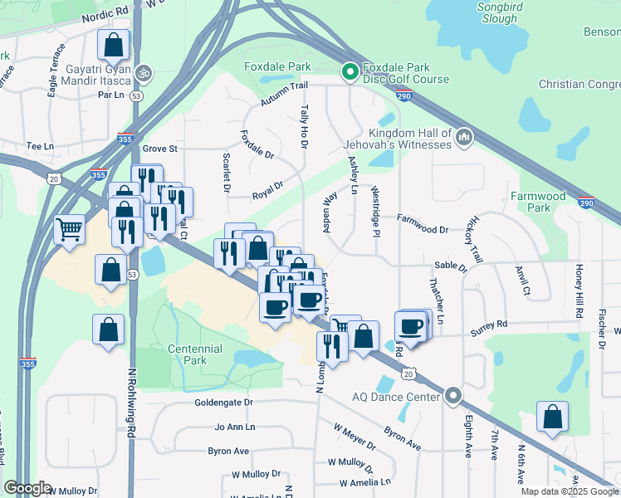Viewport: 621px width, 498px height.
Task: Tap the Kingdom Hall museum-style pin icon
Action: [464, 136]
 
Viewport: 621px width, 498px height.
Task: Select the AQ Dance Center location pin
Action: [452, 397]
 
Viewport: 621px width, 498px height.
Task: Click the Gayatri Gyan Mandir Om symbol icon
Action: [144, 73]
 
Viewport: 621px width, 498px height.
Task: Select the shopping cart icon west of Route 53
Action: [69, 227]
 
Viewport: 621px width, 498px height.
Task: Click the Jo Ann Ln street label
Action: [232, 427]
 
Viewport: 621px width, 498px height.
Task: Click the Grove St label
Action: [160, 149]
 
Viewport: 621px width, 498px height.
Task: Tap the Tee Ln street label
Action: [39, 145]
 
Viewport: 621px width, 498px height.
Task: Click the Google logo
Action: [27, 488]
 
